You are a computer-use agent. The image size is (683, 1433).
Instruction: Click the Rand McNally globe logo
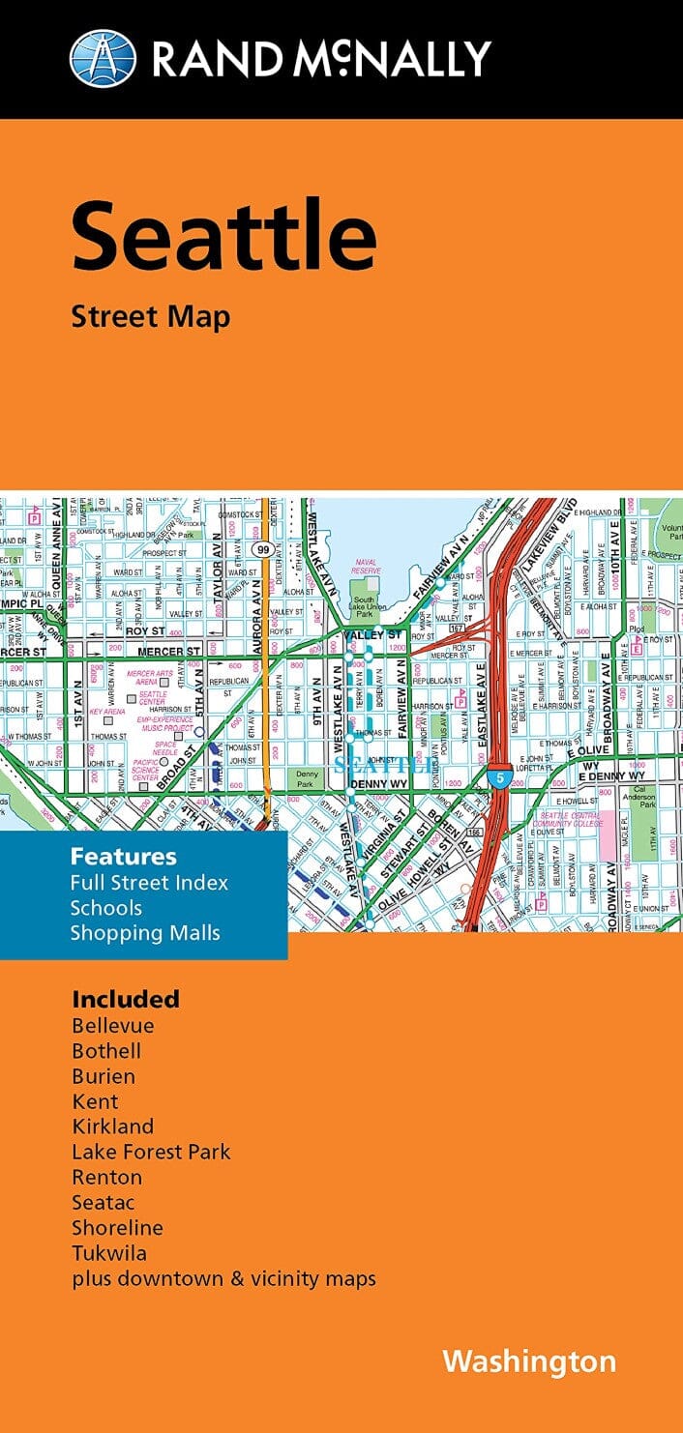pos(104,58)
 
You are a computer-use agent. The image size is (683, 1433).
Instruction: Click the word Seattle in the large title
pos(223,235)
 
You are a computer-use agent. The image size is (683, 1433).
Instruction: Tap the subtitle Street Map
pos(150,317)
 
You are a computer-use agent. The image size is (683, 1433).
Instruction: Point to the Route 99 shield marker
pos(263,549)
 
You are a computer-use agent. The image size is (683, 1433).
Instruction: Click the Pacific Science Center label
pos(145,770)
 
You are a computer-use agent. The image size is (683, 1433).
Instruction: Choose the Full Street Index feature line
pos(149,882)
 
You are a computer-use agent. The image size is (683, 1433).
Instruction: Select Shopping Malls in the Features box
pos(144,933)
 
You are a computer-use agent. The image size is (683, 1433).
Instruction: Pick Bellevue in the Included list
pos(112,1025)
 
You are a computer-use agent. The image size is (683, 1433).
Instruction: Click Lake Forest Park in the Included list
pos(151,1152)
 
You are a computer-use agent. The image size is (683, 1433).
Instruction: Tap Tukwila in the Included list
pos(109,1253)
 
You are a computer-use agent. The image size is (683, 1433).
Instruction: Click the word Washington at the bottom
pos(528,1361)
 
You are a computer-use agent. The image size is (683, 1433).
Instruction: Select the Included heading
pos(126,998)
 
